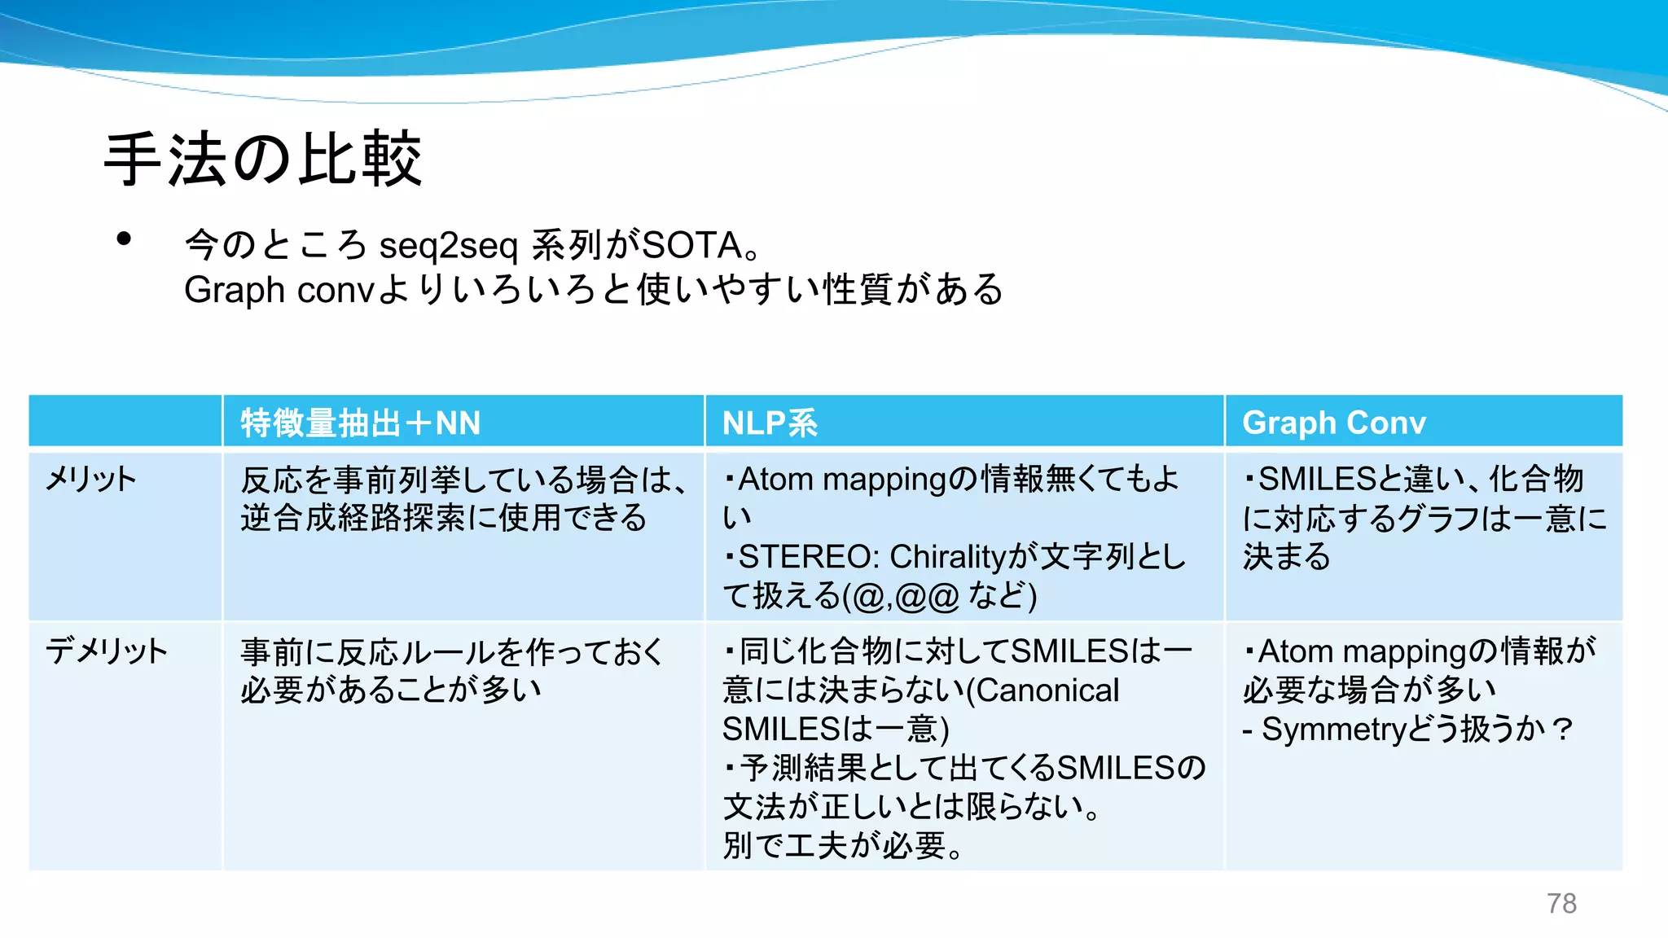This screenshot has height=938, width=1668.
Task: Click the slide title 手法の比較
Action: (263, 159)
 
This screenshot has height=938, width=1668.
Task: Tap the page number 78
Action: (1561, 903)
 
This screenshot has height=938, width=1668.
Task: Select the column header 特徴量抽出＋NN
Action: (360, 423)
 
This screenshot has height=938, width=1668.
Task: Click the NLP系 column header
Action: (770, 423)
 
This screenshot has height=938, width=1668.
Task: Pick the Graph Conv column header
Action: (1334, 423)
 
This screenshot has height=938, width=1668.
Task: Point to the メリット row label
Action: (90, 479)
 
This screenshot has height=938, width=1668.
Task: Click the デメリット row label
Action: (107, 651)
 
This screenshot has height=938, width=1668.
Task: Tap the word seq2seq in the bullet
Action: (448, 245)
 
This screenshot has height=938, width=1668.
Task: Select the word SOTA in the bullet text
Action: (692, 245)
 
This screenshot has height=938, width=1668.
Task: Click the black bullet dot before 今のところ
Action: (124, 239)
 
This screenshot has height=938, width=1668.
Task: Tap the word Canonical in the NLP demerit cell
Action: (1047, 690)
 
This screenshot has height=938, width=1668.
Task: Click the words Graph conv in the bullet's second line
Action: (279, 290)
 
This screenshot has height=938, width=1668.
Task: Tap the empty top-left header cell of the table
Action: (125, 421)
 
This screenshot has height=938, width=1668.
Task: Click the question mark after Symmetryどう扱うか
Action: (1562, 729)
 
